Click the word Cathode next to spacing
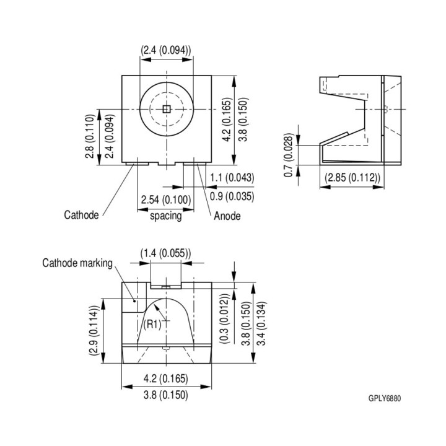81,215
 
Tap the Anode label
227,216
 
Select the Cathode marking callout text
77,263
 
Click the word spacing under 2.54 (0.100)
166,216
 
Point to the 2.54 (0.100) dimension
166,199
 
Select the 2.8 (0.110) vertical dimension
90,137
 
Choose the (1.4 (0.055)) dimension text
165,253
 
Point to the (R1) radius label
152,324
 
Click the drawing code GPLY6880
385,398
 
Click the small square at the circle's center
165,109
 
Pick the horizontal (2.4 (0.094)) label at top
165,50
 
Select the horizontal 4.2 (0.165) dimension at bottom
165,379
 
